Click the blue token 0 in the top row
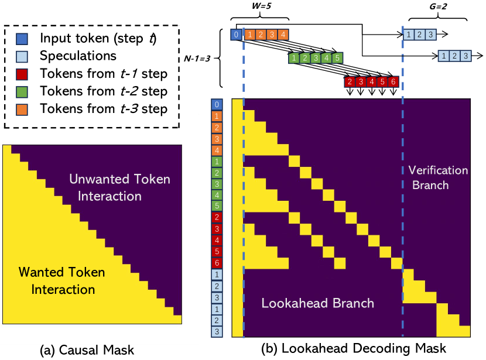pos(235,35)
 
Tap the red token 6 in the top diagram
pos(393,81)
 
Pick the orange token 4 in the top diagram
pos(283,35)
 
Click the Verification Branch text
pos(438,177)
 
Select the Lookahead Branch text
pos(317,303)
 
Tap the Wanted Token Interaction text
pos(61,280)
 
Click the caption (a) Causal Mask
pos(87,350)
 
